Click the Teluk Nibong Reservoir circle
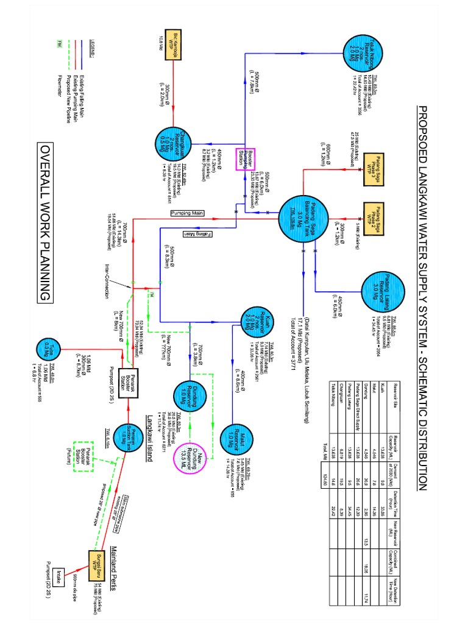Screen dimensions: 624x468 (360, 54)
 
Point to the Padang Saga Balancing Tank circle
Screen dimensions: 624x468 (302, 216)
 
